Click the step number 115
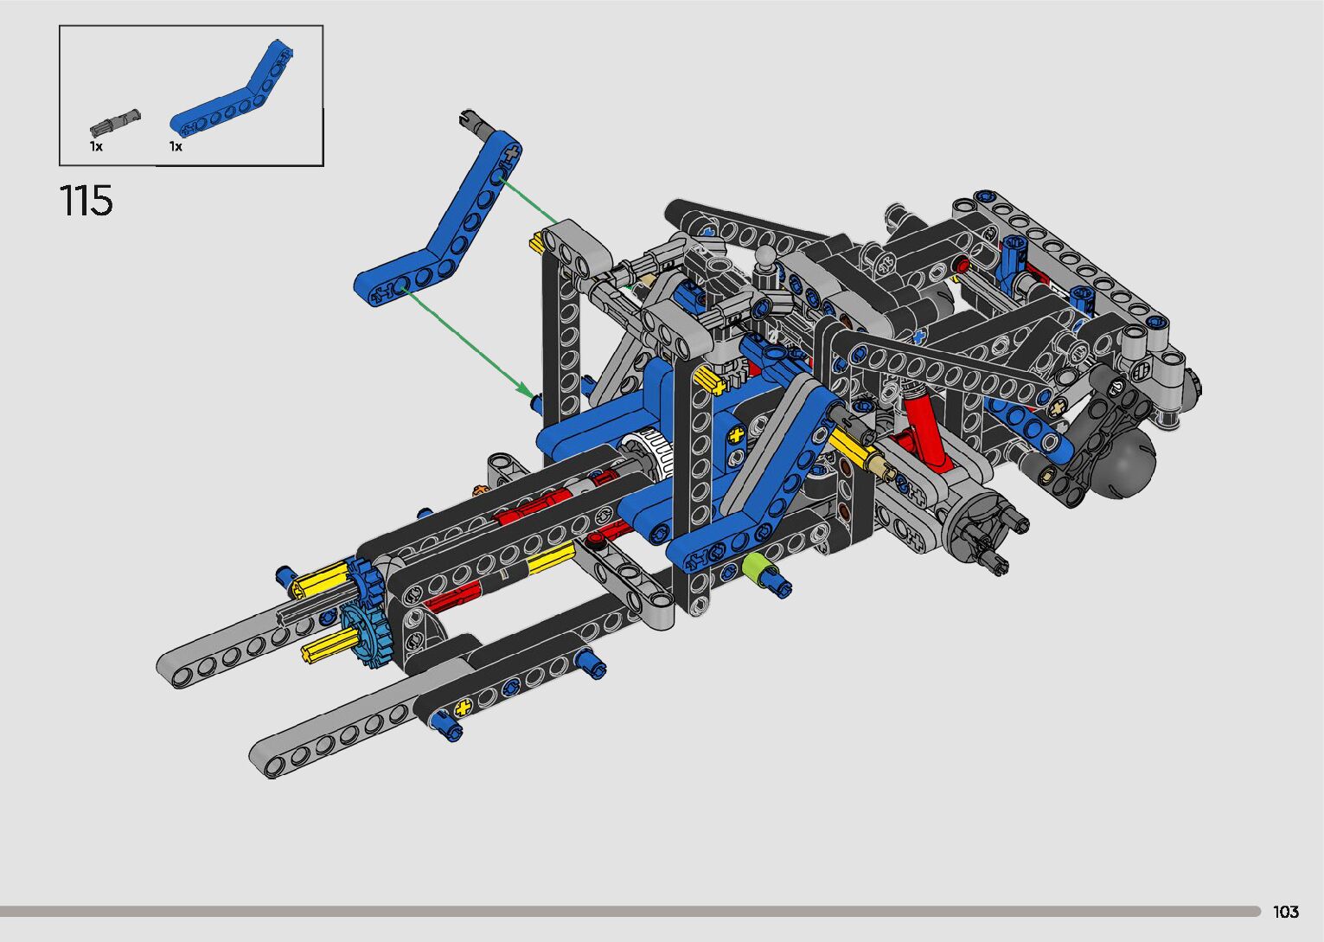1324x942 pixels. tap(86, 201)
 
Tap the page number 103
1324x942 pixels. tap(1286, 911)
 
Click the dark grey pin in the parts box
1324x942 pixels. tap(115, 122)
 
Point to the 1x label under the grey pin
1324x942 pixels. tap(96, 146)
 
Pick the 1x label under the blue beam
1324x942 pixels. tap(176, 146)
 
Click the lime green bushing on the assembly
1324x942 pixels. tap(753, 566)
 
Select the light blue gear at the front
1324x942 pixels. tap(361, 636)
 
